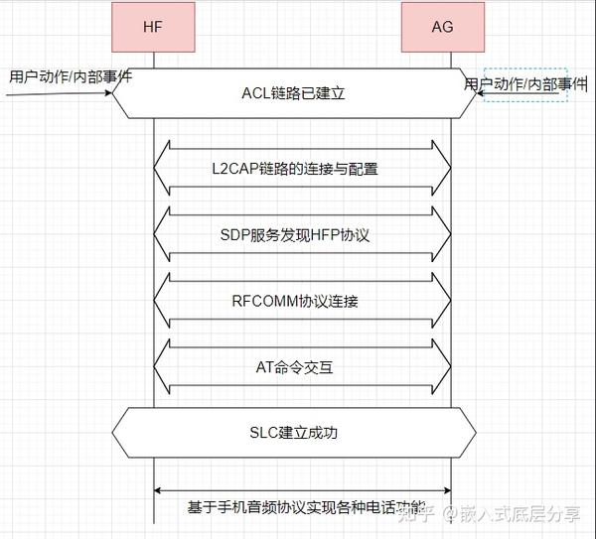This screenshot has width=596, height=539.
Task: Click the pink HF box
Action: coord(154,27)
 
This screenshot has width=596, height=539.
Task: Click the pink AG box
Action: coord(443,27)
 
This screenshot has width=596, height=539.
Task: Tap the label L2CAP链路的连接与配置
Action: coord(295,169)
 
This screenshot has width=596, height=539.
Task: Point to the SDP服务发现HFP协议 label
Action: coord(295,235)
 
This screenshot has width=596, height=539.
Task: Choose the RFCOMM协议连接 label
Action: coord(295,301)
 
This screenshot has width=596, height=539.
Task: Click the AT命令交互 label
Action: coord(294,367)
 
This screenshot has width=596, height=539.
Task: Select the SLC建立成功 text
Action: coord(294,433)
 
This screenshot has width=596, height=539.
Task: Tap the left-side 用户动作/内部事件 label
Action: coord(71,75)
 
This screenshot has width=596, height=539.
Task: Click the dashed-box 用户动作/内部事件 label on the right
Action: coord(526,84)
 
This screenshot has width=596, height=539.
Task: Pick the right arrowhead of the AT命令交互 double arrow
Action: coord(444,366)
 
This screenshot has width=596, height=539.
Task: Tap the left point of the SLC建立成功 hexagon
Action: coord(113,433)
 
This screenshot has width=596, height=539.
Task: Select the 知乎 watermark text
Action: coord(416,513)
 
